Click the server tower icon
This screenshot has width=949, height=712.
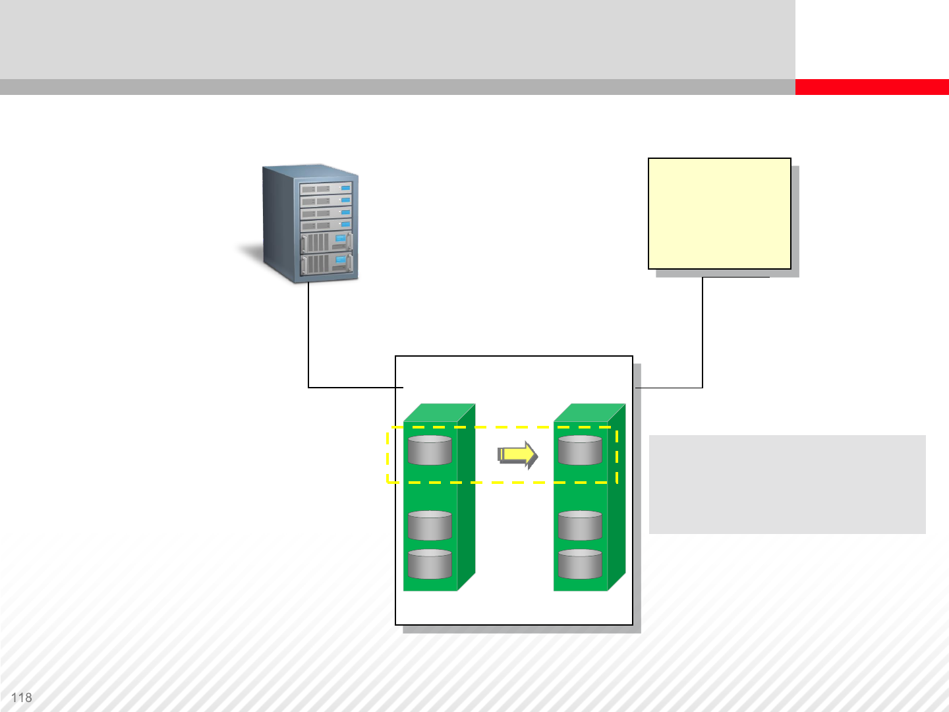(310, 224)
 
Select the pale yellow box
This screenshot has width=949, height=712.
(719, 213)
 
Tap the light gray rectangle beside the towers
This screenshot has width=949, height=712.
(787, 484)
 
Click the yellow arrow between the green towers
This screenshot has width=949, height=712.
(518, 455)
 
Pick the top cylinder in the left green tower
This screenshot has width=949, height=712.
(430, 450)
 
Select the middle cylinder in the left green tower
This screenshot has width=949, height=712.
(430, 525)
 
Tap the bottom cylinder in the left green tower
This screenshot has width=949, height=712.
(430, 564)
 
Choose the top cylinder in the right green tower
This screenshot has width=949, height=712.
(580, 450)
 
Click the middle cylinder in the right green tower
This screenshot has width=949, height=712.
(580, 525)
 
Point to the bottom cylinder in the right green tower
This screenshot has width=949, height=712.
(580, 564)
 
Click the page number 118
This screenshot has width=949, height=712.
(21, 697)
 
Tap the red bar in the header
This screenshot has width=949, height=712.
(871, 87)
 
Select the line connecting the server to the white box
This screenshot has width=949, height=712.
(308, 343)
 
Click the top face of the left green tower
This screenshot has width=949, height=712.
(439, 413)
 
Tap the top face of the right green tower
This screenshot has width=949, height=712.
(589, 413)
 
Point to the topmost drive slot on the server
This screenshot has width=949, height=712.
(326, 189)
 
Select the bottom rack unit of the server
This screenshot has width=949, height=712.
(326, 264)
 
